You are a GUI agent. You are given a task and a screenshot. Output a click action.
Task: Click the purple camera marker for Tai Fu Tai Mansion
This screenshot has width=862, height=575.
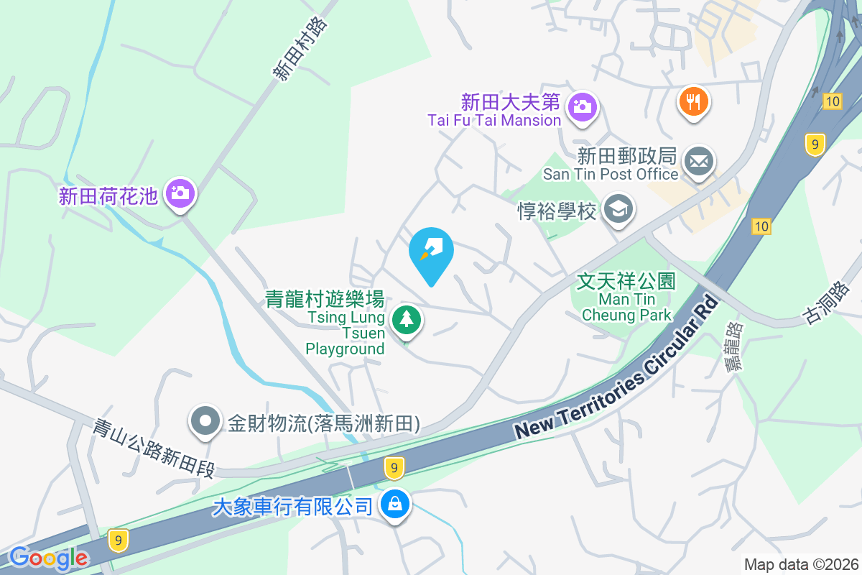click(582, 107)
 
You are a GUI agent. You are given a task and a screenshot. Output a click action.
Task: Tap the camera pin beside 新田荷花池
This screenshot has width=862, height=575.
click(180, 193)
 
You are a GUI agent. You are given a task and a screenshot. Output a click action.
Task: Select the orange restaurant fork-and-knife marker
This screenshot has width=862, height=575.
click(693, 102)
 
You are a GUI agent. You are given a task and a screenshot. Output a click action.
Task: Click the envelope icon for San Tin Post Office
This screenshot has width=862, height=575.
click(698, 162)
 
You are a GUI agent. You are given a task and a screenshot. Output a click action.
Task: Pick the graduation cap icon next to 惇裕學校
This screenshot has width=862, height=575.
click(618, 210)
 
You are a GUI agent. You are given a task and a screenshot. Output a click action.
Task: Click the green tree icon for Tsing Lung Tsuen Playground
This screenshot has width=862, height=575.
click(407, 318)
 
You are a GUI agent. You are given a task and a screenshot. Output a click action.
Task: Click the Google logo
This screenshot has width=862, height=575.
click(49, 558)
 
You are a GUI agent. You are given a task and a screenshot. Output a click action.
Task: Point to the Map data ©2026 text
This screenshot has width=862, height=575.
click(801, 564)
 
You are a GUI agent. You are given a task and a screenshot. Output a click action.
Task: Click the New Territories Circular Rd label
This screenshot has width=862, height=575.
click(618, 367)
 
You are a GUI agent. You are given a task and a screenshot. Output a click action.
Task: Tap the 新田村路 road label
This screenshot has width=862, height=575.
click(300, 49)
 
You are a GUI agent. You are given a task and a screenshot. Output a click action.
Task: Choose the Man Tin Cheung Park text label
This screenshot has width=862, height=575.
click(626, 307)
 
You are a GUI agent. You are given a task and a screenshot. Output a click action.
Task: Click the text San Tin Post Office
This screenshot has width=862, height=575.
click(611, 174)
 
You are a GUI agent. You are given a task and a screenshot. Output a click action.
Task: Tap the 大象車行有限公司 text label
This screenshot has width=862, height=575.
click(292, 506)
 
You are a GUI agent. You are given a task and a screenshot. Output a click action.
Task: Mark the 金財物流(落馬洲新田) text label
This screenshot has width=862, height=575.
click(324, 423)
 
